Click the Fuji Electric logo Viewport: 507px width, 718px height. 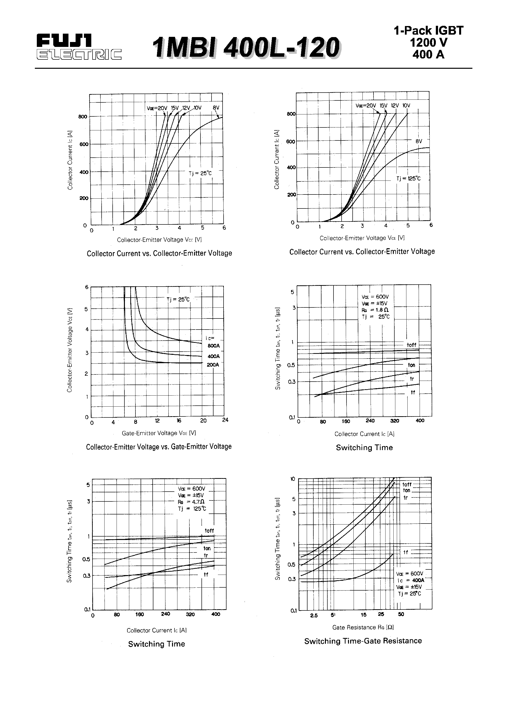(79, 47)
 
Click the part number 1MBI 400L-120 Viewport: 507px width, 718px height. (246, 48)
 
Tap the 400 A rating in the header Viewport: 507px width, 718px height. (428, 55)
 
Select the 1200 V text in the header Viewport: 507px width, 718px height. (428, 42)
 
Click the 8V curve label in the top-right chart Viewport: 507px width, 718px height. (419, 141)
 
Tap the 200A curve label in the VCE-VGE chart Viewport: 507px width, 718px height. (213, 365)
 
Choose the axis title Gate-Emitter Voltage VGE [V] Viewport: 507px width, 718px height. (159, 433)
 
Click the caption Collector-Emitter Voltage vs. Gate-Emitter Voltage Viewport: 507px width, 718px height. (159, 447)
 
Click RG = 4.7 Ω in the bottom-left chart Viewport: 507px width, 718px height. (191, 502)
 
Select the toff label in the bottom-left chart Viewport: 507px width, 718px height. (209, 531)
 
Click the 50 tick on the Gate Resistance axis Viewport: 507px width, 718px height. (401, 614)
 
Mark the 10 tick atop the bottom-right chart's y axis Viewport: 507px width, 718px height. (293, 479)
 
